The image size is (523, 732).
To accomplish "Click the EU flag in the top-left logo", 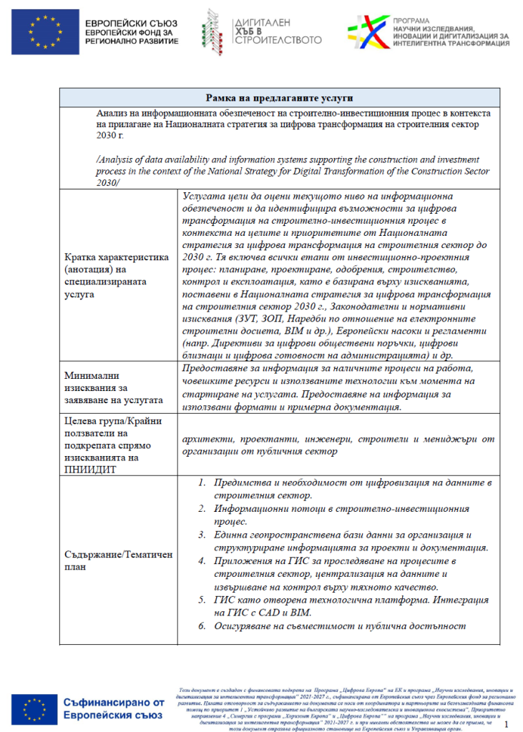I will tap(52, 34).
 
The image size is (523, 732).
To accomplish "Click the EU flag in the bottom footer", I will tap(34, 708).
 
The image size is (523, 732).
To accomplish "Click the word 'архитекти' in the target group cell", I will tap(205, 437).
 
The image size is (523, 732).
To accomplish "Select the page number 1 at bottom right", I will tap(507, 723).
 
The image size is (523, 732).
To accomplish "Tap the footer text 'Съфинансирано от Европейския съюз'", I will tap(114, 708).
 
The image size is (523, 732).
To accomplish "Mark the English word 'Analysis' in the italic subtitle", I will tap(115, 159).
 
